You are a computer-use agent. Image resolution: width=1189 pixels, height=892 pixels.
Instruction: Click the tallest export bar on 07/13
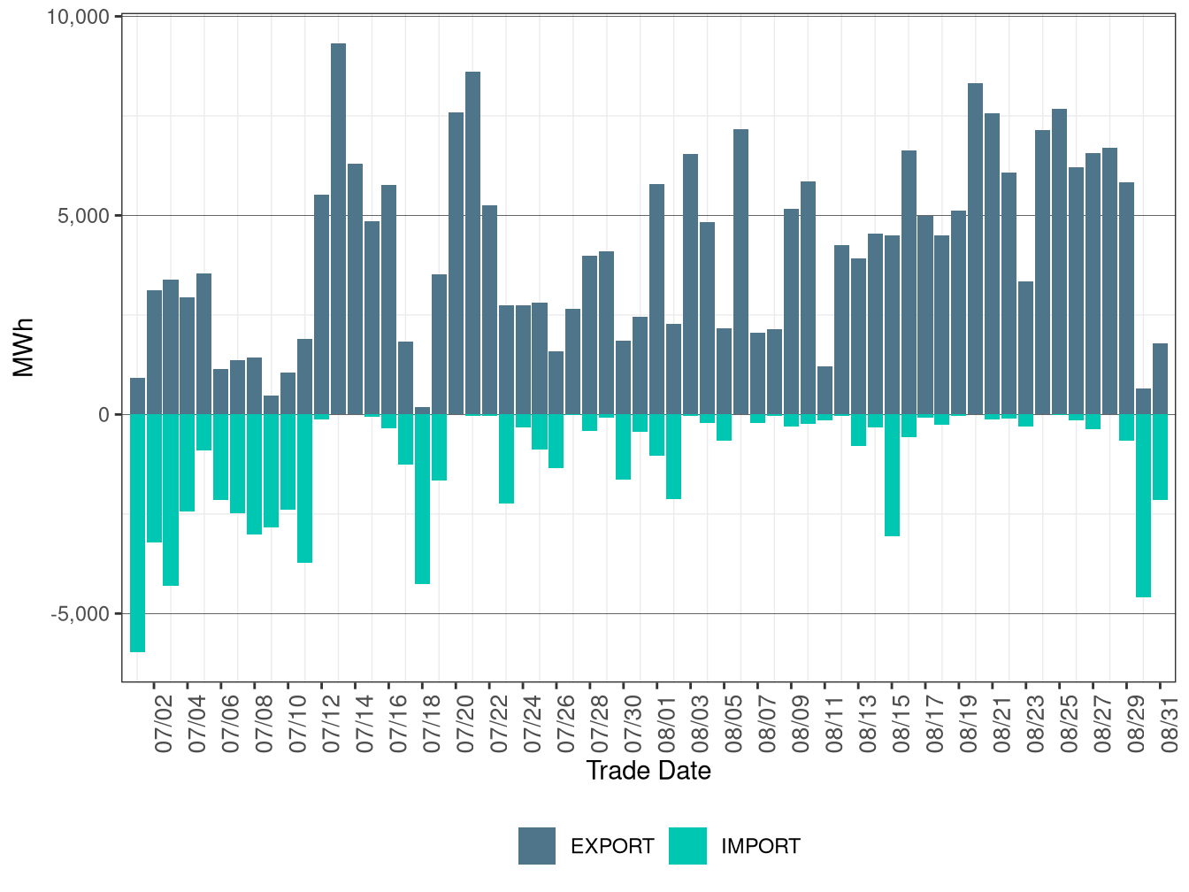coord(338,228)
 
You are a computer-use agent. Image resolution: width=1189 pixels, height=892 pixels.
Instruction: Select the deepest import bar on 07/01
coord(138,533)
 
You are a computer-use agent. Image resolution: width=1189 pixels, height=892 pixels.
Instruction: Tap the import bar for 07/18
coord(423,499)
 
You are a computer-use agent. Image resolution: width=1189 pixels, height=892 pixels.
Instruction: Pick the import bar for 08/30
coord(1144,506)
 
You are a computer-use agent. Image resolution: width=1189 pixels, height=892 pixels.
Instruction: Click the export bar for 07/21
coord(472,243)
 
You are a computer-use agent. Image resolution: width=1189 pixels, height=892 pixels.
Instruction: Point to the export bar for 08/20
coord(992,264)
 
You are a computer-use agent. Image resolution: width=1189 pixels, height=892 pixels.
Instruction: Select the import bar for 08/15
coord(892,475)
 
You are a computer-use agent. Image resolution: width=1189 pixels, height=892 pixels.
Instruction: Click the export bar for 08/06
coord(741,272)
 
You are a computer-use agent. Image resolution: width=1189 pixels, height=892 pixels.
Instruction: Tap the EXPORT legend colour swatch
coord(537,845)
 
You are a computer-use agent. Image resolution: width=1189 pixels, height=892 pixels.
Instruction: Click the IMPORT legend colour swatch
coord(688,845)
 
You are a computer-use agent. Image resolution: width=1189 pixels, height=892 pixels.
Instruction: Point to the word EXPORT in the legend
coord(612,846)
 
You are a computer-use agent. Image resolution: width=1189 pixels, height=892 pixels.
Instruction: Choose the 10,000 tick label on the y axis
coord(79,18)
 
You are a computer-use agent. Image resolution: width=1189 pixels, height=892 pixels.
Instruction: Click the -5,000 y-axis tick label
coord(81,614)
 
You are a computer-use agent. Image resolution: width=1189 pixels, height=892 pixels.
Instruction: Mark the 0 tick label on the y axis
coord(104,415)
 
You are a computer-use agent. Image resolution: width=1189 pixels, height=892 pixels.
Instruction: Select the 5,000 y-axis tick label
coord(84,216)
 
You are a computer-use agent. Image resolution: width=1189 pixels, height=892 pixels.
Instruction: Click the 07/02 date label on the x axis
coord(163,724)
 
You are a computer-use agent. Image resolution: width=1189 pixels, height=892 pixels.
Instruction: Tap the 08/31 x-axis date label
coord(1169,724)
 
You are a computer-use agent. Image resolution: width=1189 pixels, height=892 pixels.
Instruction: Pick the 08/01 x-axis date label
coord(666,724)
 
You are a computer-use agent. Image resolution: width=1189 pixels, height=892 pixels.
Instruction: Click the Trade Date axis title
coord(648,771)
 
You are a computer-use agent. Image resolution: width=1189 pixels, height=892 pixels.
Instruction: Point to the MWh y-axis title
coord(23,348)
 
